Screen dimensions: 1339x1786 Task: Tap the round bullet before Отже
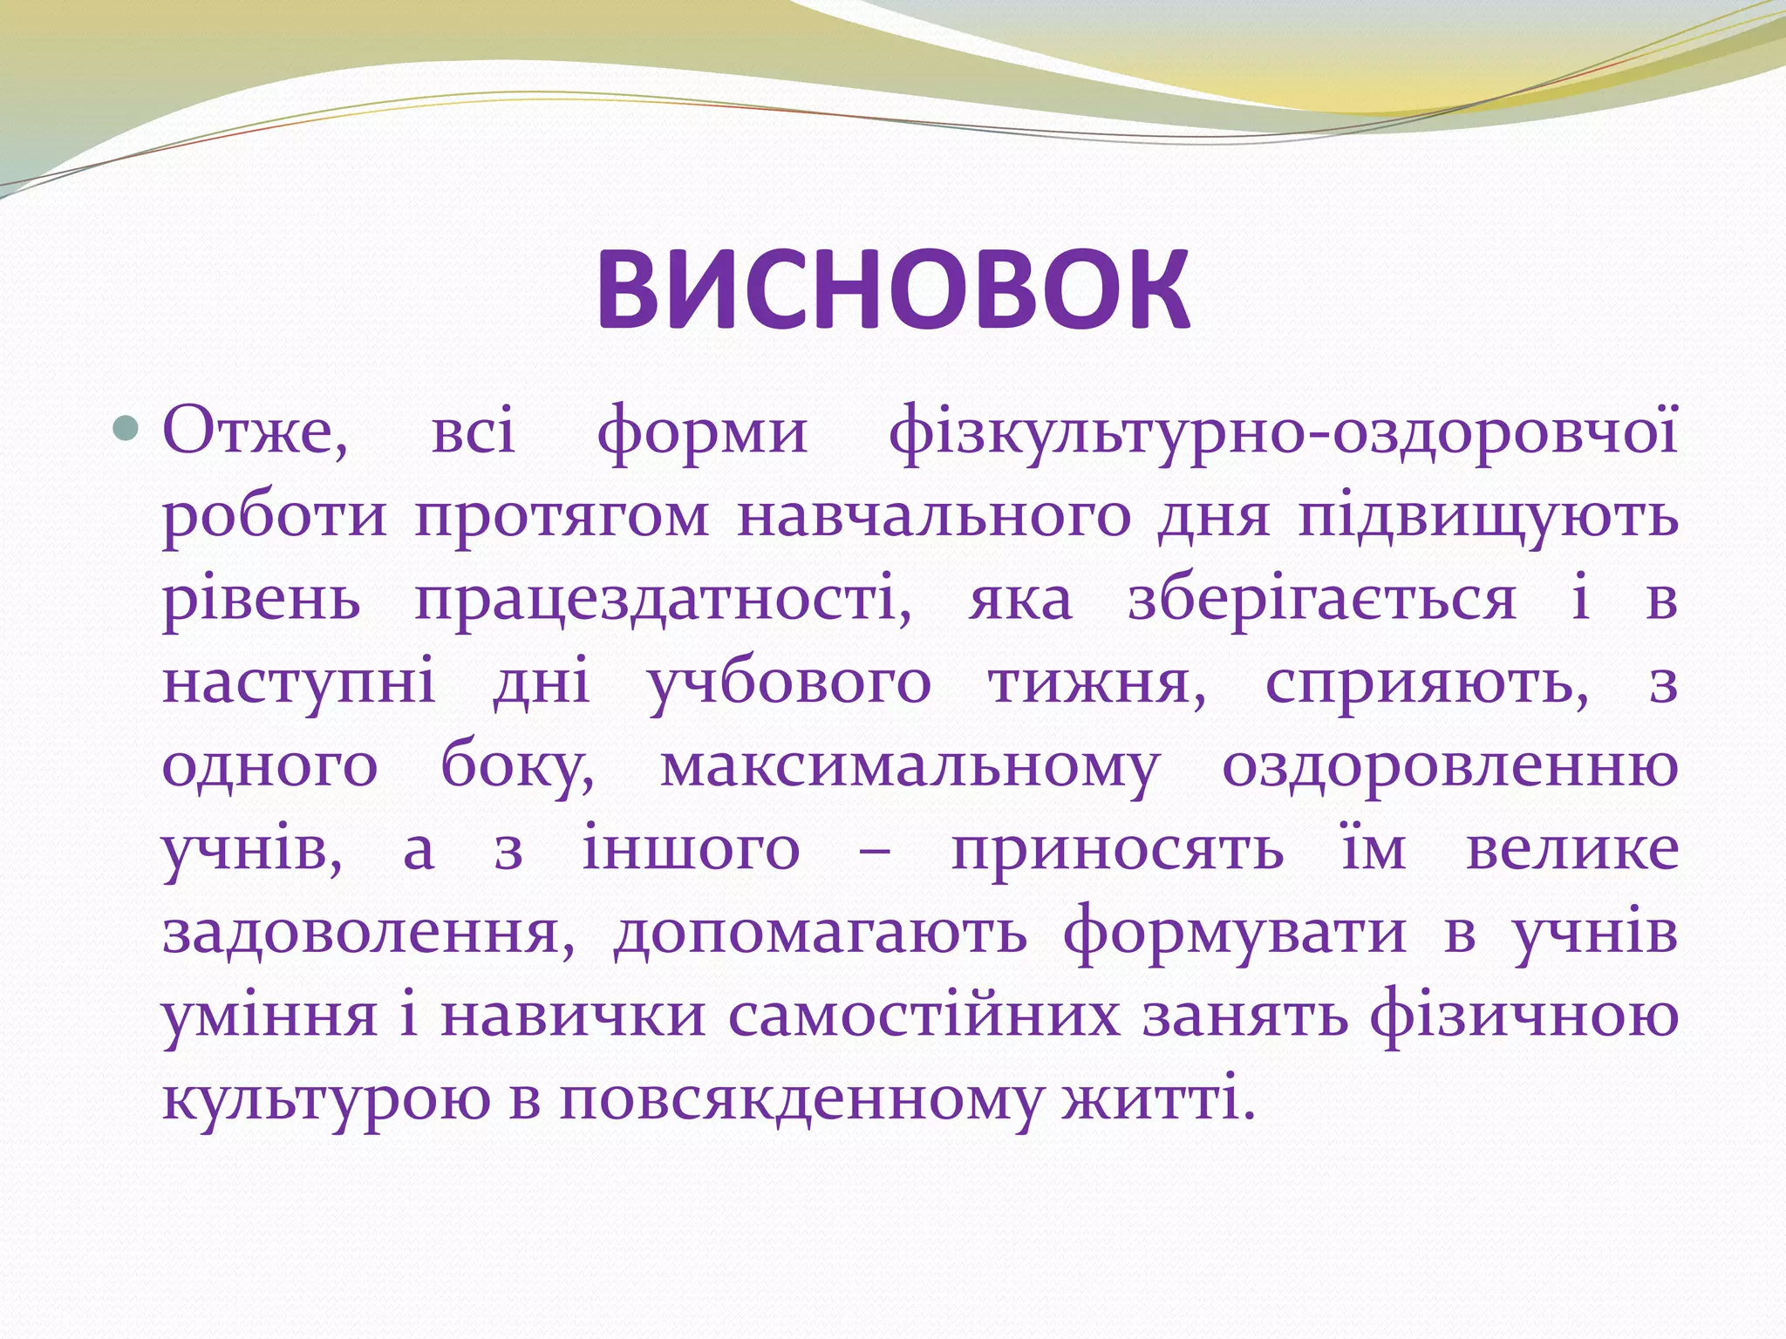click(127, 427)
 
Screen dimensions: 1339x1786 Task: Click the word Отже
click(255, 431)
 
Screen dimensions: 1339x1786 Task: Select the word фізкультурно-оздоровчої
click(1283, 431)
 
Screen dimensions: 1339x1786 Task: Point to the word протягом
click(562, 516)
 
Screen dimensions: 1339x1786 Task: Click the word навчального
click(933, 516)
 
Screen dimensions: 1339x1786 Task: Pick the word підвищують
click(1488, 516)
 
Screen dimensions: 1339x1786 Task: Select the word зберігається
click(1322, 600)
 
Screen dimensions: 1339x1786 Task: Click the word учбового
click(789, 683)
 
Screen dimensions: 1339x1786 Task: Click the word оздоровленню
click(1449, 767)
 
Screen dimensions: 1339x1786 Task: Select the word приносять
click(1117, 849)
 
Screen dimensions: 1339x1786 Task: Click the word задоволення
click(368, 933)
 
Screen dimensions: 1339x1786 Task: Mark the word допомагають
click(820, 933)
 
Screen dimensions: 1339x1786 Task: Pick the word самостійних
click(924, 1016)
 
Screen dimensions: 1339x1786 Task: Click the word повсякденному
click(801, 1100)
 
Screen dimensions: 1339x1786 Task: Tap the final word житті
click(1158, 1100)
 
